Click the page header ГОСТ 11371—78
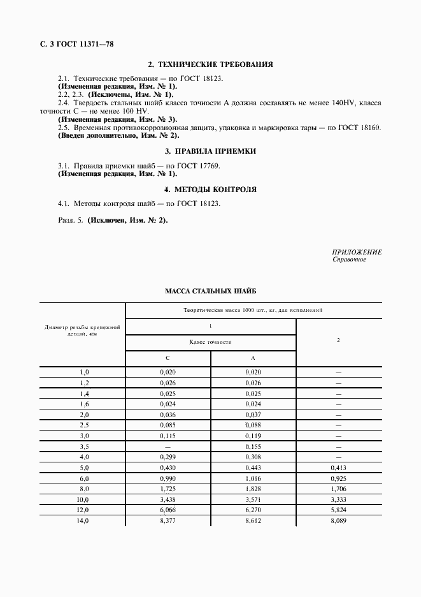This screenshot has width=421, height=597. click(76, 44)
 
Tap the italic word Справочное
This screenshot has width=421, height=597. click(349, 260)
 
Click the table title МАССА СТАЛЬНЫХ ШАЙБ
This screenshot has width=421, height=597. click(211, 290)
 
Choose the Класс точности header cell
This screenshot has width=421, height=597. click(211, 342)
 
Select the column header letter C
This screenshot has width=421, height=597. click(168, 358)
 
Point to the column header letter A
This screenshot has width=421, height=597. click(253, 358)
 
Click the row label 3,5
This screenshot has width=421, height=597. click(84, 447)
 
